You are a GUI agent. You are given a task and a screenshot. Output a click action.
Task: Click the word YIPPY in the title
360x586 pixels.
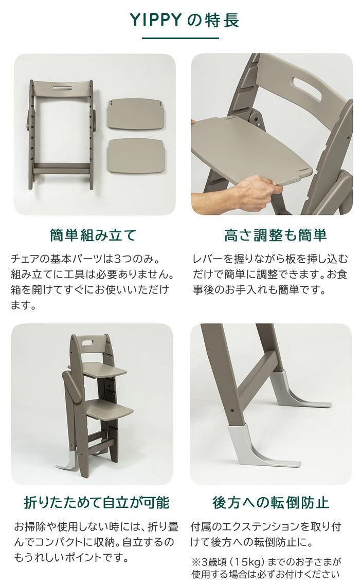pyautogui.click(x=155, y=20)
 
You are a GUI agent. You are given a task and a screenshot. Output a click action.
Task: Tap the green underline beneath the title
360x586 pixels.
pyautogui.click(x=180, y=38)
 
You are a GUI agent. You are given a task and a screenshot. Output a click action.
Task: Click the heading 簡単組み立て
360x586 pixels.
pyautogui.click(x=93, y=235)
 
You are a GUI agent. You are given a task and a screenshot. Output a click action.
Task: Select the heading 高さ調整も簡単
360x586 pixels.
pyautogui.click(x=275, y=235)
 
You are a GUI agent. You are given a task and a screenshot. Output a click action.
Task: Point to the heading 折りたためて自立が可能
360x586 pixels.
pyautogui.click(x=97, y=503)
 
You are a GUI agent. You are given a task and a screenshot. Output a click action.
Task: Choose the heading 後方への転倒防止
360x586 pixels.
pyautogui.click(x=271, y=503)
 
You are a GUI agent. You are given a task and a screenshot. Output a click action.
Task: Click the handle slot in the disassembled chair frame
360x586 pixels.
pyautogui.click(x=62, y=88)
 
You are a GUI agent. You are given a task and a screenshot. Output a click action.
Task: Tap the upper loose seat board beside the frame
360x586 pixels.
pyautogui.click(x=136, y=114)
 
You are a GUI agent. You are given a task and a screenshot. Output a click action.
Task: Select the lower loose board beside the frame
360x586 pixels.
pyautogui.click(x=136, y=155)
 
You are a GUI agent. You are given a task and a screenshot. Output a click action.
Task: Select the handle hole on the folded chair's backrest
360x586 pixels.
pyautogui.click(x=89, y=342)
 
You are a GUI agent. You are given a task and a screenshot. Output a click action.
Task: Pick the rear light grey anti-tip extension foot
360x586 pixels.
pyautogui.click(x=299, y=389)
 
